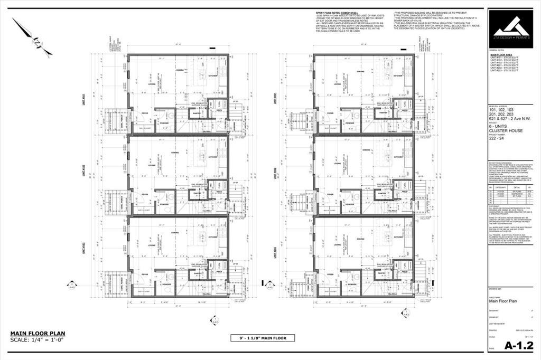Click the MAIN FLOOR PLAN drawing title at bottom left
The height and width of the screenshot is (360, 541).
pyautogui.click(x=38, y=333)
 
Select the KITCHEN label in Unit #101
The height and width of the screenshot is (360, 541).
pyautogui.click(x=213, y=76)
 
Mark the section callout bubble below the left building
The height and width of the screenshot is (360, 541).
pyautogui.click(x=214, y=320)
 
